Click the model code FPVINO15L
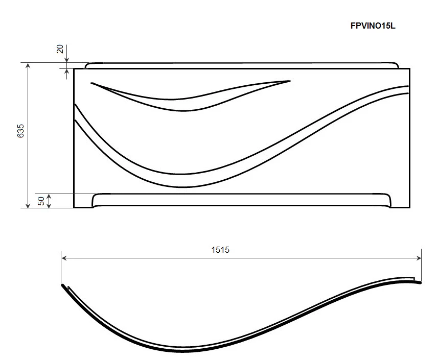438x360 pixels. click(x=373, y=26)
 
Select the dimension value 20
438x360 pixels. click(x=60, y=49)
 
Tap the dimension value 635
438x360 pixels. click(x=20, y=131)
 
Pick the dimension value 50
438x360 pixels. click(x=41, y=201)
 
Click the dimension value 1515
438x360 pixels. click(x=220, y=250)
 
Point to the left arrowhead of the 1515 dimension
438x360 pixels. click(x=64, y=258)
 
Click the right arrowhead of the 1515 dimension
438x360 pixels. click(x=419, y=258)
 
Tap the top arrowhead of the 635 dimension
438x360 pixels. click(x=28, y=66)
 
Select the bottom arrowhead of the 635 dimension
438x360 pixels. click(x=28, y=205)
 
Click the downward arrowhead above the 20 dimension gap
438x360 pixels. click(x=66, y=60)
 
